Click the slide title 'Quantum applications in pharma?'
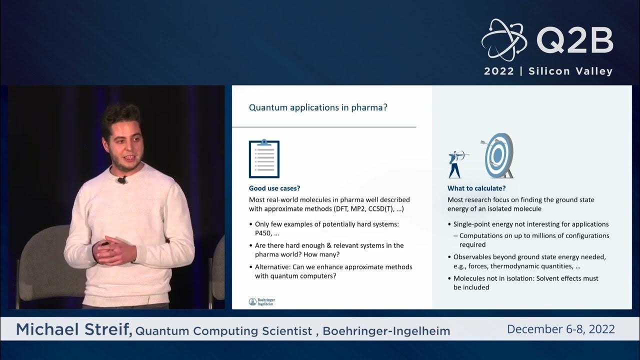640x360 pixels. coord(318,107)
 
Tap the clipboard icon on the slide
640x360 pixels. coord(264,159)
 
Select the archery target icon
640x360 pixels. coord(498,155)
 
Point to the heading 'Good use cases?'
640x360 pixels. coord(274,188)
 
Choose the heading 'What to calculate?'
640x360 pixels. coord(476,188)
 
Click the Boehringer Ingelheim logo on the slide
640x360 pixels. coord(261,301)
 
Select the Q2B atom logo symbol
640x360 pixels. coord(504,40)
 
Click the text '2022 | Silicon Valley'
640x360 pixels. coord(548,71)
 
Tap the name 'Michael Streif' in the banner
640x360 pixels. coord(74,330)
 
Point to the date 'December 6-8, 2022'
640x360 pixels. coord(560,329)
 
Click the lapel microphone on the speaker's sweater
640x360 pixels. coord(121,179)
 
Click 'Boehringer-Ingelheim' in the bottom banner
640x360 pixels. coord(386,331)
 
